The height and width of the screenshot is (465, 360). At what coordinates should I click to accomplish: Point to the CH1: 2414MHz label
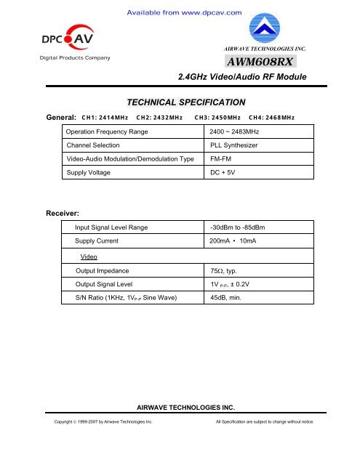click(105, 118)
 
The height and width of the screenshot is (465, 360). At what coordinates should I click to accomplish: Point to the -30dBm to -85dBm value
click(243, 228)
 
